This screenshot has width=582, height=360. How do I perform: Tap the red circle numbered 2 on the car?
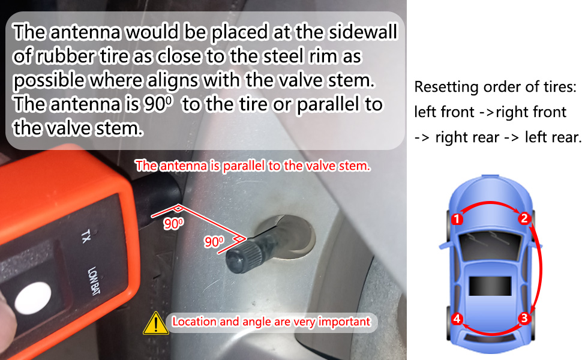524,218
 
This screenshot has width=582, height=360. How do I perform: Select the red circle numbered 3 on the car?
524,318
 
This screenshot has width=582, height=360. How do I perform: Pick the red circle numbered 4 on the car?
457,319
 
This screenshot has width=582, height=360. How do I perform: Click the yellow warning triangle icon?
155,323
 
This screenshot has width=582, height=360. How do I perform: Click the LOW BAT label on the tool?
94,280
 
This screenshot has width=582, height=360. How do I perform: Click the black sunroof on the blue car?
490,286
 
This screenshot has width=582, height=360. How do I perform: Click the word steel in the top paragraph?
290,56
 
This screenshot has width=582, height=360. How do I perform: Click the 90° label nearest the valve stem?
214,242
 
